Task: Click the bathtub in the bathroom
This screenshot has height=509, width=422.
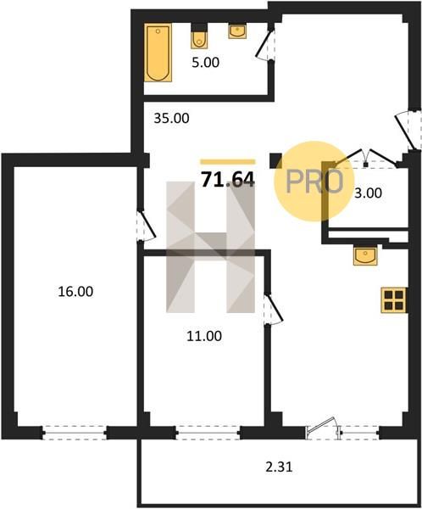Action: pyautogui.click(x=158, y=53)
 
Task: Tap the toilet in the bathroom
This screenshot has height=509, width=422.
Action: pyautogui.click(x=198, y=36)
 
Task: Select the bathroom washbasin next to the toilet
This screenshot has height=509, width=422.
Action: pyautogui.click(x=237, y=31)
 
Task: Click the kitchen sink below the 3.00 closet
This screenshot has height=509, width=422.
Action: pyautogui.click(x=365, y=256)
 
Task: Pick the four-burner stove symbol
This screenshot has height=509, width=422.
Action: pyautogui.click(x=394, y=300)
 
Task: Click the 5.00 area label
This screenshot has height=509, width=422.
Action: pyautogui.click(x=205, y=62)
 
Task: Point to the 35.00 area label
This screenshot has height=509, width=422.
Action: pyautogui.click(x=171, y=119)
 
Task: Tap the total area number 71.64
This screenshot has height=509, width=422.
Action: pyautogui.click(x=228, y=180)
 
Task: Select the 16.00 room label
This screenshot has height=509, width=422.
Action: pyautogui.click(x=75, y=292)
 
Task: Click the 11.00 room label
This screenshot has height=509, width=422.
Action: pyautogui.click(x=204, y=336)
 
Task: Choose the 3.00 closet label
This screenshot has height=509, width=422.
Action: pyautogui.click(x=368, y=193)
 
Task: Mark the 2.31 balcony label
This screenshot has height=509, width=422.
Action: pyautogui.click(x=279, y=467)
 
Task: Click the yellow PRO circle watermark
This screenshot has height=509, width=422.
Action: pyautogui.click(x=314, y=182)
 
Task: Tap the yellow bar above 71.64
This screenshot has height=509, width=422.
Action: pyautogui.click(x=228, y=162)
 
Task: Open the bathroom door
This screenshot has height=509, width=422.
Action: pyautogui.click(x=265, y=45)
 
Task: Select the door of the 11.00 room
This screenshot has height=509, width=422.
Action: pyautogui.click(x=273, y=309)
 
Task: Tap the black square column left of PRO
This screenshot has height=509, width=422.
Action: pyautogui.click(x=275, y=160)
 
